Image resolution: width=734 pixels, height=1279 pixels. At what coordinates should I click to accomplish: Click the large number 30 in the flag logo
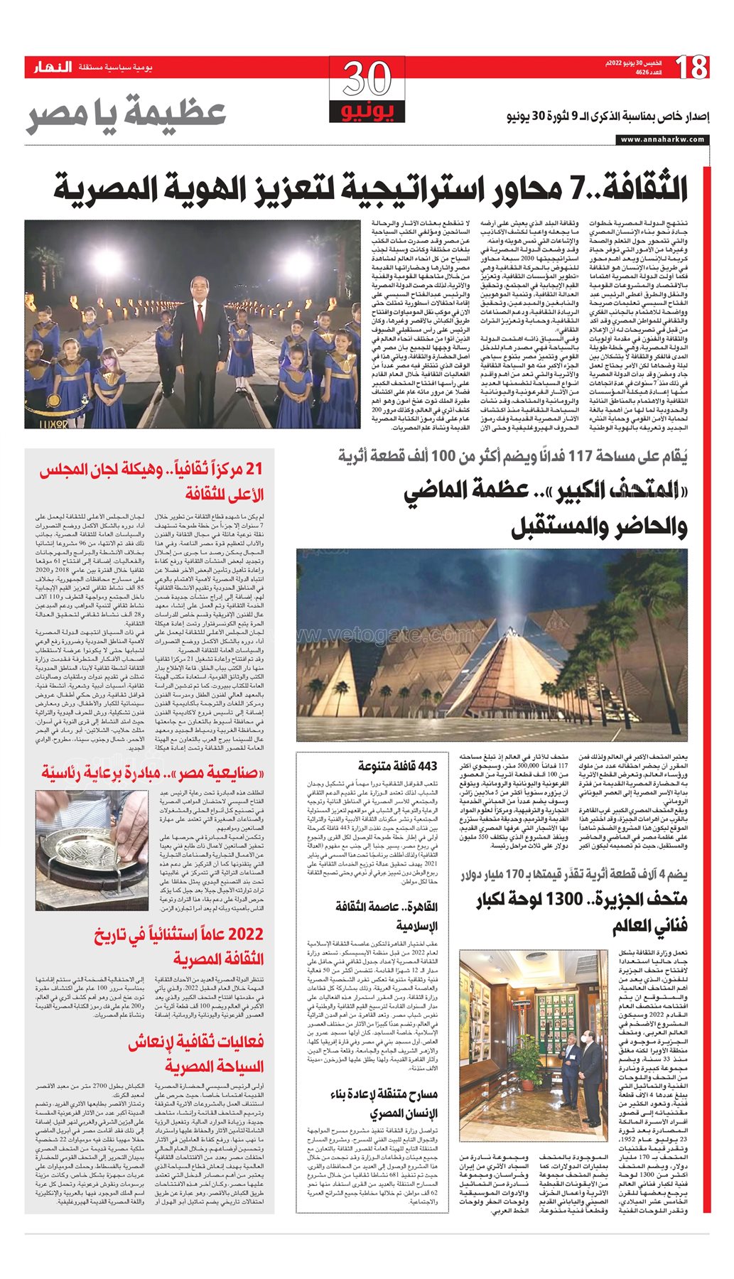click(x=367, y=80)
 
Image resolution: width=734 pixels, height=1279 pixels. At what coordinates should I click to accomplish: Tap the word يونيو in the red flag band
click(x=367, y=112)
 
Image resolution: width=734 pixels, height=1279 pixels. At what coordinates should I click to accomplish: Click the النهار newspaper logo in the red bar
click(x=53, y=68)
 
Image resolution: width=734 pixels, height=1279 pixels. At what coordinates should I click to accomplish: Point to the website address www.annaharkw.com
click(x=663, y=139)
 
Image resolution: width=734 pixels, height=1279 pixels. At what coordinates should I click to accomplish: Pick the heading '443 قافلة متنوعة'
click(x=398, y=767)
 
